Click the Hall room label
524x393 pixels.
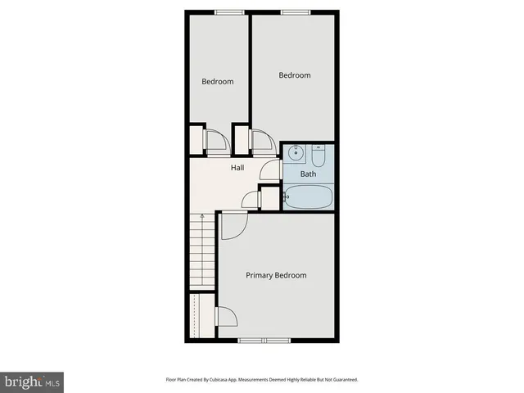[237, 168]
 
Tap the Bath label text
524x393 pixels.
[308, 174]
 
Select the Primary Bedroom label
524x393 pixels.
[276, 275]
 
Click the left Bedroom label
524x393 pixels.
[218, 81]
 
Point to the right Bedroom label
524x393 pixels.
[295, 75]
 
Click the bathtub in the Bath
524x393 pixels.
[308, 196]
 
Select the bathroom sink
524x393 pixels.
[295, 153]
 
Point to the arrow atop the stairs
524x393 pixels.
[201, 215]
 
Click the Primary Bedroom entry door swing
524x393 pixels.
[232, 224]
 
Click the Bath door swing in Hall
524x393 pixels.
[270, 170]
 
